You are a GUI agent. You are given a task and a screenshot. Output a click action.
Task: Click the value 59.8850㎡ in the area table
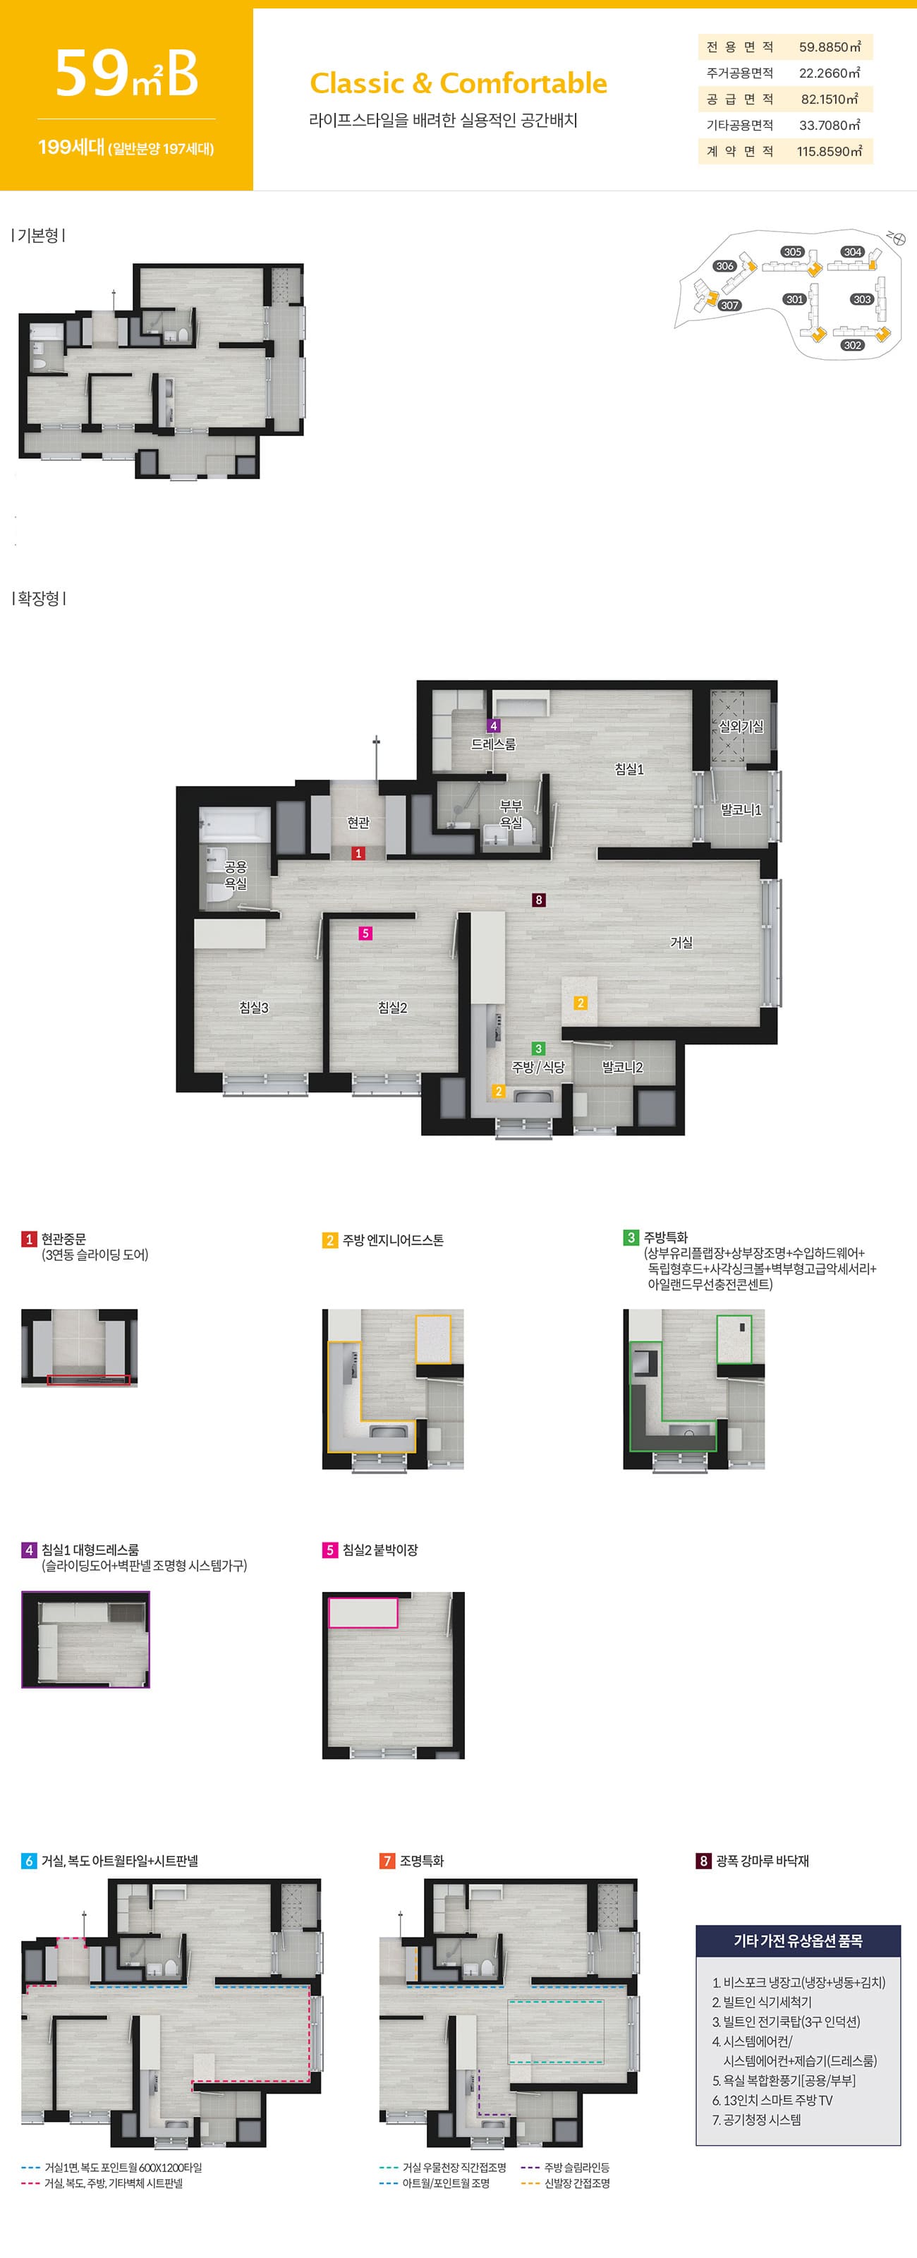830,47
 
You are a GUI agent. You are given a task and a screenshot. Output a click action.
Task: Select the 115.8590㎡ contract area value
830,152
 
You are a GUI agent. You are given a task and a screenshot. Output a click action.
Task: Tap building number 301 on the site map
795,300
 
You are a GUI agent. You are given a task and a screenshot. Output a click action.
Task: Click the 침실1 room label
629,768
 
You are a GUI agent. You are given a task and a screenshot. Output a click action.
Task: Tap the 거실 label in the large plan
681,942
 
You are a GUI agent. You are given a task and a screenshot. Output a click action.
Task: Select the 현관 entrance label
358,822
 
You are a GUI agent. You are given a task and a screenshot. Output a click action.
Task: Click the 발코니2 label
622,1067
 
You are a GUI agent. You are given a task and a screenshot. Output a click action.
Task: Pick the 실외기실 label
741,726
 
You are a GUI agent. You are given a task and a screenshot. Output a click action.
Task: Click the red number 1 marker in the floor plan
358,853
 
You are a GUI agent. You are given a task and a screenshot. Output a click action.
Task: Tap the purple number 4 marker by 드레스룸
494,726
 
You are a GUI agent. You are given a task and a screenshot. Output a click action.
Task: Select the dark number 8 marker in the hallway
539,900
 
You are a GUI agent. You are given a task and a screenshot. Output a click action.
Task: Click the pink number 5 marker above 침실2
365,934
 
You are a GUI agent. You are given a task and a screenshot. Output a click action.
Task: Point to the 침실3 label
254,1007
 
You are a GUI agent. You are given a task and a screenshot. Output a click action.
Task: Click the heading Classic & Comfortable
458,83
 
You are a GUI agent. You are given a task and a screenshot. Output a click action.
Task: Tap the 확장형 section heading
40,598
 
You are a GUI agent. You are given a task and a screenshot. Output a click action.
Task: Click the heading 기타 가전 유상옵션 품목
798,1940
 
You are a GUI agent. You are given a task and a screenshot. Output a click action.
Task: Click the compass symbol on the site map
896,238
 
